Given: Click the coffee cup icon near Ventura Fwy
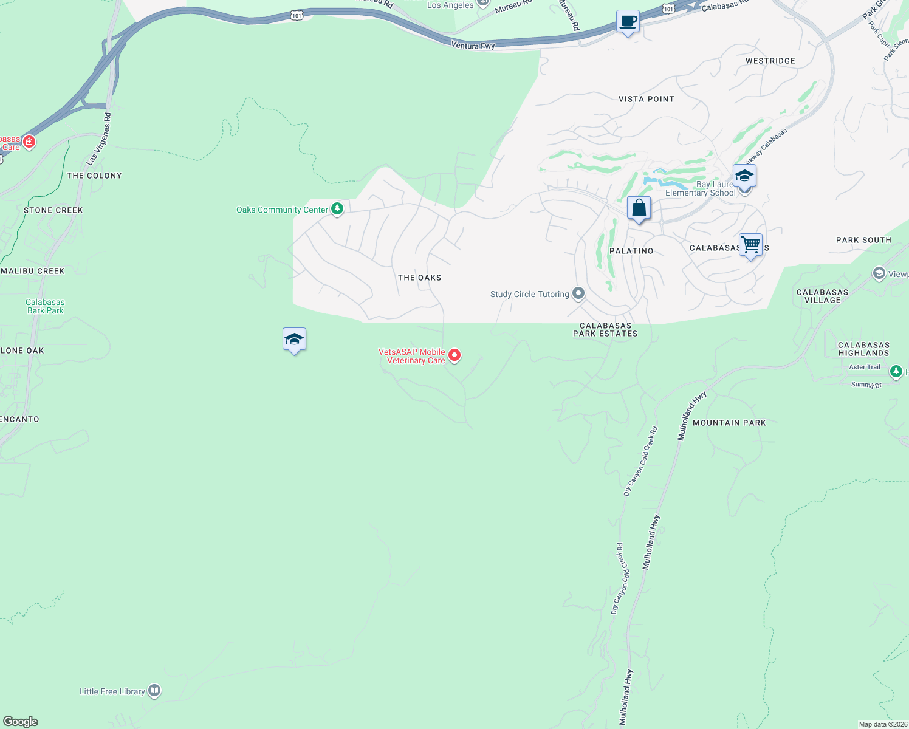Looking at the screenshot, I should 628,22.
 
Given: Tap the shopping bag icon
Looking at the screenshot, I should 639,208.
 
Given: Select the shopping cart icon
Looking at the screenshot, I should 751,245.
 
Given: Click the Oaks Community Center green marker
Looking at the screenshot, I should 337,209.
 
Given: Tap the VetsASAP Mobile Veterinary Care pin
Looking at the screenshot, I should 454,355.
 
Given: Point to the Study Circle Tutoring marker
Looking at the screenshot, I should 578,294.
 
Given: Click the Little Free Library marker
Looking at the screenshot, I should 154,691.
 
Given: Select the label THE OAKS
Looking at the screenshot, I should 419,278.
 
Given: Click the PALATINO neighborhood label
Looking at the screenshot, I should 631,251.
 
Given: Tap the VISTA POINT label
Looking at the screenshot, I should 646,99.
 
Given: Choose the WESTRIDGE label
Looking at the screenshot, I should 770,61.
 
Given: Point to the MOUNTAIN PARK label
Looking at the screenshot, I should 729,423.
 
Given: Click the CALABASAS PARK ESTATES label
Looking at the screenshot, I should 605,329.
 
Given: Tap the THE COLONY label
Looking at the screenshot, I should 94,176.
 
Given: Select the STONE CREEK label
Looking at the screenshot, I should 53,210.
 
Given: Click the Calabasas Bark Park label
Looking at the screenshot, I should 45,306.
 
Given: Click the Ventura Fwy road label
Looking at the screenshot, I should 473,45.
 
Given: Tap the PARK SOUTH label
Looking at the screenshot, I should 863,240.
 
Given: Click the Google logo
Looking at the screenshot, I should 21,722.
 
